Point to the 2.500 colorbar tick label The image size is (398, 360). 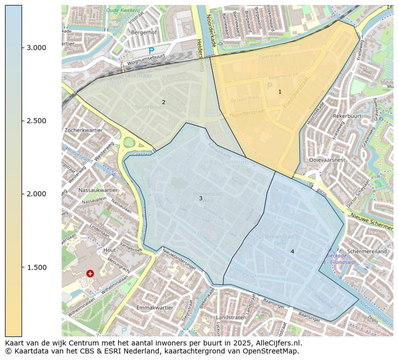36,121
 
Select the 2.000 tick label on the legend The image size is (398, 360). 36,194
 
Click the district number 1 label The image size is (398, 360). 280,92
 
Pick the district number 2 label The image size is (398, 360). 163,102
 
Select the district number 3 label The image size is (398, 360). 201,198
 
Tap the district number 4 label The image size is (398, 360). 292,251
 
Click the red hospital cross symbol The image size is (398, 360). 90,273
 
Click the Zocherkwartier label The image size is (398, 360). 83,130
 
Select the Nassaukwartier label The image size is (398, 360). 98,190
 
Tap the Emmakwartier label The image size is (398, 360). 154,307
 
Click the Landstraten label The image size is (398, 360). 231,317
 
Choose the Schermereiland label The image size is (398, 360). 367,251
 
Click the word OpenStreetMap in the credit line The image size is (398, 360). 271,351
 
